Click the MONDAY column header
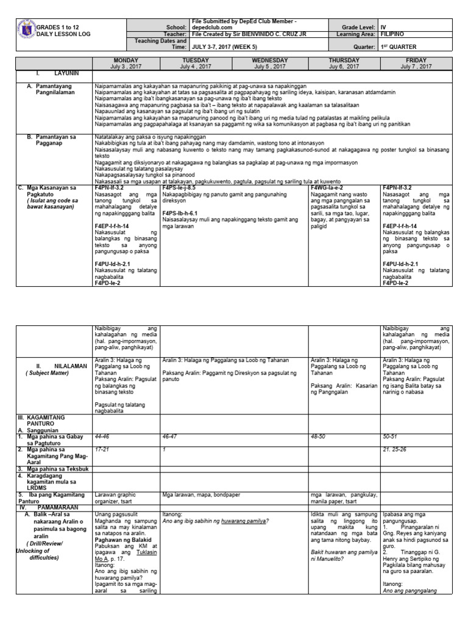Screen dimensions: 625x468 coord(127,60)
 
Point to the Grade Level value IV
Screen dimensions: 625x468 coord(383,27)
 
